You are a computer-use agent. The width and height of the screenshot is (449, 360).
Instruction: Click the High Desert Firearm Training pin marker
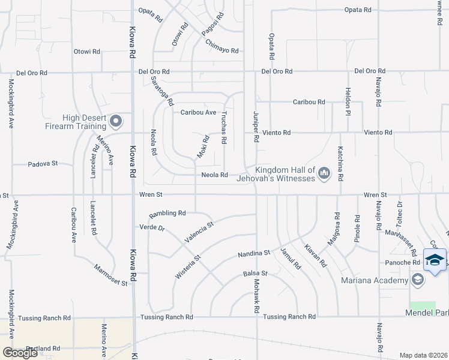coord(116,122)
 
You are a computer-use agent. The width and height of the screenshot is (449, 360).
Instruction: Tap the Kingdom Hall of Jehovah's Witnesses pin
coord(325,174)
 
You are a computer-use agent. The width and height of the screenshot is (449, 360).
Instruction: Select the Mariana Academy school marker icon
coord(417,280)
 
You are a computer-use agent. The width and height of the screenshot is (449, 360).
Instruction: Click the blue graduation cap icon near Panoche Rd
coord(435,259)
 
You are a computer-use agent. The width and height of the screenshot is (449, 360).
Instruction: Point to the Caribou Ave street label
coord(199,112)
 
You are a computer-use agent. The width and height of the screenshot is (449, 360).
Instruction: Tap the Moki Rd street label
coord(203,147)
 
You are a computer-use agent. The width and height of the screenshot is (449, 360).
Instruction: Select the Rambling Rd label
coord(167,213)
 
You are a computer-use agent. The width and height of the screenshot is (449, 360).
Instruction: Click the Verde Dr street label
coord(151,227)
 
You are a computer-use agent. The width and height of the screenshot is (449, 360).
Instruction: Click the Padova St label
coord(43,163)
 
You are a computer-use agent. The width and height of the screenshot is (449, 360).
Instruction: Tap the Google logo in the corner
coord(20,353)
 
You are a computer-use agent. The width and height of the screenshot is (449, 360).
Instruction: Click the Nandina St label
coord(254,254)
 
